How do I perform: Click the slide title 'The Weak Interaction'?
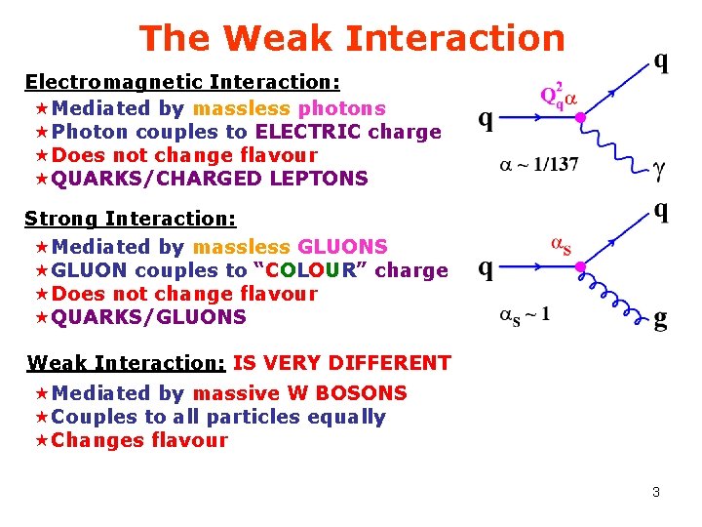pos(352,38)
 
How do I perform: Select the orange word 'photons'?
pos(341,108)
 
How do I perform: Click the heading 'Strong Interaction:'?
pos(131,220)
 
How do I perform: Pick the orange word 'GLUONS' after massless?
pos(342,247)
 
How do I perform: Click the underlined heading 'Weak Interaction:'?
pos(127,364)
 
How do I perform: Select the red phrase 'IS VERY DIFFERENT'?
pos(341,364)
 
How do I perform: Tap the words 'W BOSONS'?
pos(349,393)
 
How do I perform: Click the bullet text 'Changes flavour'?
pos(139,440)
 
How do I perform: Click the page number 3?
pos(656,492)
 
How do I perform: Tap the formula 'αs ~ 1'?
pos(525,314)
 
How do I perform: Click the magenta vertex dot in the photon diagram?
pos(580,118)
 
